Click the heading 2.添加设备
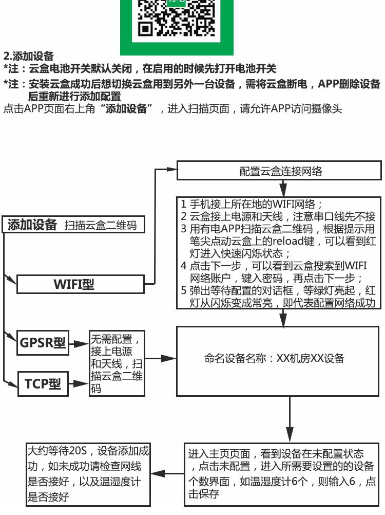click(28, 56)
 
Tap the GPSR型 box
click(43, 343)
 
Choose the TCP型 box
click(43, 384)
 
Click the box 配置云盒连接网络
click(280, 172)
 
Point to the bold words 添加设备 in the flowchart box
click(32, 225)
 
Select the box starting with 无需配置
click(117, 363)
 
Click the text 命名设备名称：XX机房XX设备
click(274, 358)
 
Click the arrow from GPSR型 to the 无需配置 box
click(78, 343)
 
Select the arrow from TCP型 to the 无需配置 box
click(78, 383)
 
